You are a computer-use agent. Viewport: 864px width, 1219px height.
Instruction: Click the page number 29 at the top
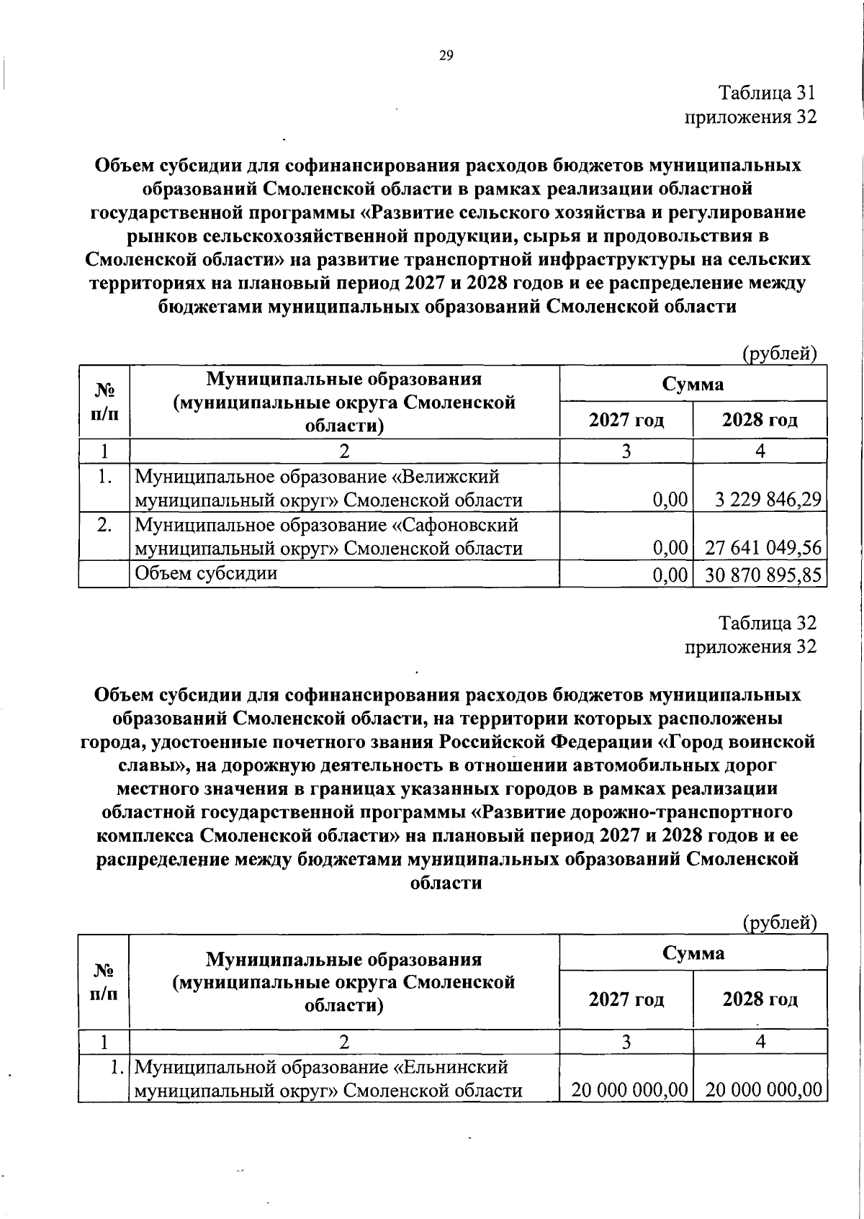coord(446,55)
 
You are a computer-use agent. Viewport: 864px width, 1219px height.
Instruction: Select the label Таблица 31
coord(768,93)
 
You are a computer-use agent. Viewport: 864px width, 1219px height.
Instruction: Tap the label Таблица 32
coord(768,623)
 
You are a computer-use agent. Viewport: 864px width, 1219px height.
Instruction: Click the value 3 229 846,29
coord(768,500)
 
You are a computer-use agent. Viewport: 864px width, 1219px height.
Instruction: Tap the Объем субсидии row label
coord(206,573)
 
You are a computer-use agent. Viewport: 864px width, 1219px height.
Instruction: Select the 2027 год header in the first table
coord(626,420)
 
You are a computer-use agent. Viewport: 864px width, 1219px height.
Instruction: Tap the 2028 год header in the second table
coord(760,999)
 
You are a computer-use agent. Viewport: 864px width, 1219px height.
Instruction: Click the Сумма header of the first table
coord(693,384)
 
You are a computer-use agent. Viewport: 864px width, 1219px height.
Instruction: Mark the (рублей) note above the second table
coord(780,922)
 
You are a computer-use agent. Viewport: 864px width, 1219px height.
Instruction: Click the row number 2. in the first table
coord(104,525)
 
